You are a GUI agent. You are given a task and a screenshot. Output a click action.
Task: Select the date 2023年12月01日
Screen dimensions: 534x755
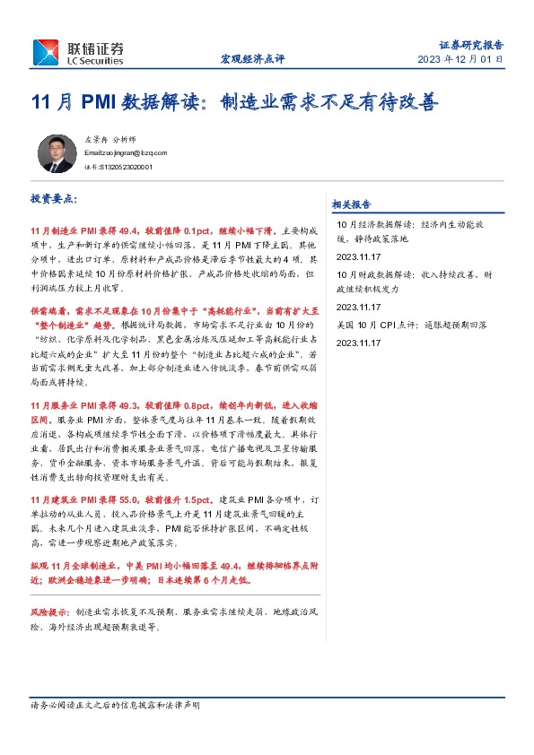(460, 59)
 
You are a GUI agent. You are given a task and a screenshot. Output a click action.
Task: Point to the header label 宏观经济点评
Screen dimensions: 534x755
(252, 59)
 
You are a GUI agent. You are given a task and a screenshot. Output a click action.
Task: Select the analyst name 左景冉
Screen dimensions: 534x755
(95, 141)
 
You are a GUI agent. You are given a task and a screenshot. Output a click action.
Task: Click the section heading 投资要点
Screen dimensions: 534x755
(54, 197)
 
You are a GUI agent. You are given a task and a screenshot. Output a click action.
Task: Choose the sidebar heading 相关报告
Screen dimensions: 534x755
(351, 204)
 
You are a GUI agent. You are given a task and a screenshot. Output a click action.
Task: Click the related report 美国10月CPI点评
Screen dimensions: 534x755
(408, 325)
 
